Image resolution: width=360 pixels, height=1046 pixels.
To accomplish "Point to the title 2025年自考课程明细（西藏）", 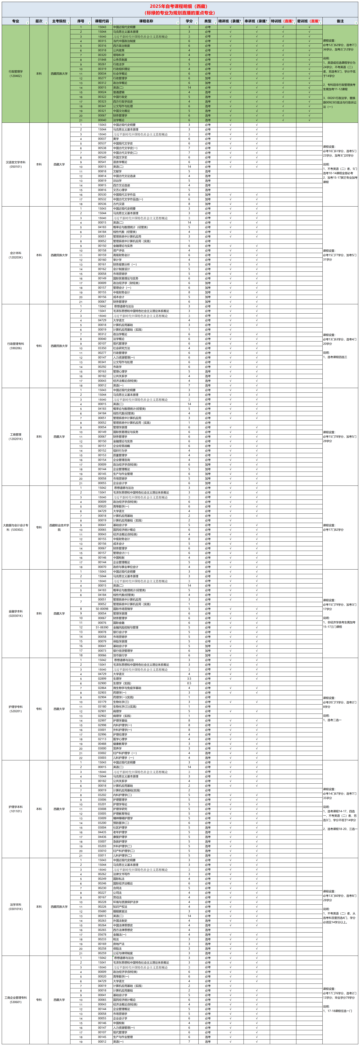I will click(179, 6).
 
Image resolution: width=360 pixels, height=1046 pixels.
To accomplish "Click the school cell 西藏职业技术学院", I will click(59, 527).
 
